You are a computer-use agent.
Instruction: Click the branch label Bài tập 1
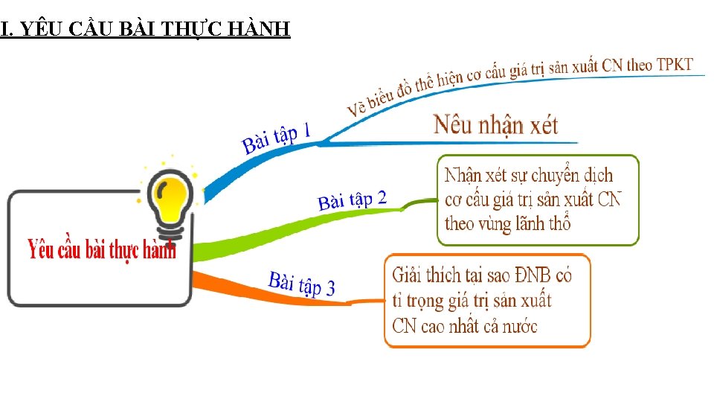pyautogui.click(x=277, y=138)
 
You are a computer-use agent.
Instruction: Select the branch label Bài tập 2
pyautogui.click(x=352, y=200)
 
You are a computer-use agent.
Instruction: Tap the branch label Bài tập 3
pyautogui.click(x=301, y=284)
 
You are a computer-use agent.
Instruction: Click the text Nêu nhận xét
pyautogui.click(x=495, y=125)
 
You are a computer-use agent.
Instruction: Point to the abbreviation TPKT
pyautogui.click(x=673, y=65)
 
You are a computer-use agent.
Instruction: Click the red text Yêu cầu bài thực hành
pyautogui.click(x=102, y=249)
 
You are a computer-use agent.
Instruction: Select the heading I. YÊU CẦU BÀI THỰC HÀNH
pyautogui.click(x=146, y=30)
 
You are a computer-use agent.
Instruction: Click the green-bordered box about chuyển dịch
pyautogui.click(x=537, y=200)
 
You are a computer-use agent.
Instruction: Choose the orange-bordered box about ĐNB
pyautogui.click(x=486, y=301)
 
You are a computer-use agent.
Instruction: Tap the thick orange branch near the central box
pyautogui.click(x=216, y=284)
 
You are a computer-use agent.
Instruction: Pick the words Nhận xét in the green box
pyautogui.click(x=475, y=176)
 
